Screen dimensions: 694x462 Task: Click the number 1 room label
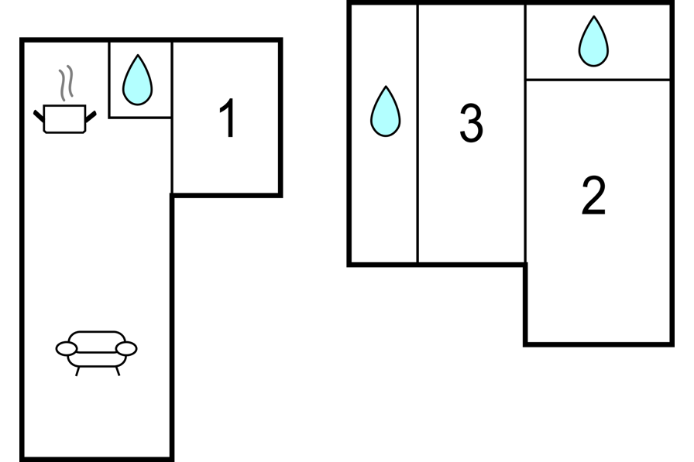(x=228, y=118)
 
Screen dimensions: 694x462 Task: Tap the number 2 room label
(x=593, y=195)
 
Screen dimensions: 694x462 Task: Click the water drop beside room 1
(x=137, y=80)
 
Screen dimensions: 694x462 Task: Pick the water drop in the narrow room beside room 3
(x=385, y=111)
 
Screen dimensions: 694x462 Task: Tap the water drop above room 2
(x=593, y=41)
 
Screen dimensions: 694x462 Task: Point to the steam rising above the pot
(x=66, y=83)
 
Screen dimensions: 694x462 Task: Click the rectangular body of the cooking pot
(x=64, y=118)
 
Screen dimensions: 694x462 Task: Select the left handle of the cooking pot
(x=39, y=116)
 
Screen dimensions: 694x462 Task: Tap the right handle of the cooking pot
(x=91, y=117)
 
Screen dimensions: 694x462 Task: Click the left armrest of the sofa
(x=67, y=348)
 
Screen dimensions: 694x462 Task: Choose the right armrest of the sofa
(x=126, y=348)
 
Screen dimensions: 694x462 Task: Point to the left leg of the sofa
(x=77, y=371)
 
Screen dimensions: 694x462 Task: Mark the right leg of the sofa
(x=118, y=371)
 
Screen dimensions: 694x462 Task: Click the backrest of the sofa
(x=97, y=341)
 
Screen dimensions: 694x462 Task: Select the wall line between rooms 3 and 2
(x=525, y=133)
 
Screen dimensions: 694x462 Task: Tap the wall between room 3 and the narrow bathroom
(x=417, y=133)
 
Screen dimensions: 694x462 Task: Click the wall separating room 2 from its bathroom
(x=597, y=80)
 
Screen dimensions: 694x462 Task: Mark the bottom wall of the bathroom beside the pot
(x=140, y=117)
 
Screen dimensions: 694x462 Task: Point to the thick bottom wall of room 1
(x=226, y=194)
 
